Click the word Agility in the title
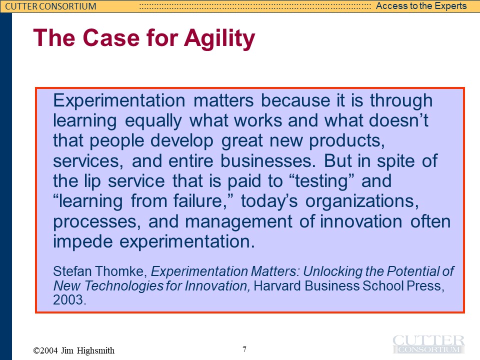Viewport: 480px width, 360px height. pyautogui.click(x=219, y=38)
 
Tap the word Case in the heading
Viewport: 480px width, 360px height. pyautogui.click(x=111, y=37)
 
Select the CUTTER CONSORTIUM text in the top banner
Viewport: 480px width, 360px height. pyautogui.click(x=50, y=6)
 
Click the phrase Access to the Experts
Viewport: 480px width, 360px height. pyautogui.click(x=421, y=6)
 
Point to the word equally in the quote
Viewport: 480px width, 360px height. pyautogui.click(x=153, y=121)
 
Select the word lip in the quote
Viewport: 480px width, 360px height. pyautogui.click(x=92, y=181)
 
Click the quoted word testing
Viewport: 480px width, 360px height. pyautogui.click(x=321, y=181)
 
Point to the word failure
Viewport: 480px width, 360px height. pyautogui.click(x=203, y=201)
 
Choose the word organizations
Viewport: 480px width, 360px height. pyautogui.click(x=362, y=201)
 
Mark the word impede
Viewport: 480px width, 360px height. pyautogui.click(x=83, y=241)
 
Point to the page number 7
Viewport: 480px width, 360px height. pyautogui.click(x=244, y=349)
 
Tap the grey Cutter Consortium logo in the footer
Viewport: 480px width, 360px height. pyautogui.click(x=428, y=344)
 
